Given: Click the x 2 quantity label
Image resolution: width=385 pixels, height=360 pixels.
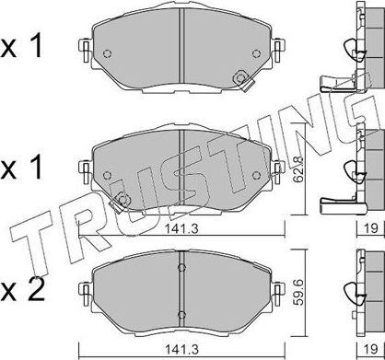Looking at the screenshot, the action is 22,291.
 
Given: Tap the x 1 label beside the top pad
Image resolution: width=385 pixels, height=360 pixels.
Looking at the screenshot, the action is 21,47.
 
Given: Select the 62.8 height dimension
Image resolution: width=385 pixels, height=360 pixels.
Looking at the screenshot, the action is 297,169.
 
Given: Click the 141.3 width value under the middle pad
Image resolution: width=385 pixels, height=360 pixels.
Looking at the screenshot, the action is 181,228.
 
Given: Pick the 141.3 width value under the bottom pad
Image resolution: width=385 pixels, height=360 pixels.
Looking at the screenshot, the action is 181,349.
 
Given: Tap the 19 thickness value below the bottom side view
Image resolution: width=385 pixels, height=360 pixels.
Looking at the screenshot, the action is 371,349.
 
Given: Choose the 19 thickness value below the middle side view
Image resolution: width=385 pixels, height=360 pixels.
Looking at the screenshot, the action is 371,228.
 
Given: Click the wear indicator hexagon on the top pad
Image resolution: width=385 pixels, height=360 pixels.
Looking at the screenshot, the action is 239,78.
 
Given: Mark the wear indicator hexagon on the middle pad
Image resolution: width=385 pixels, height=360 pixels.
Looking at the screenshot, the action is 123,200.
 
